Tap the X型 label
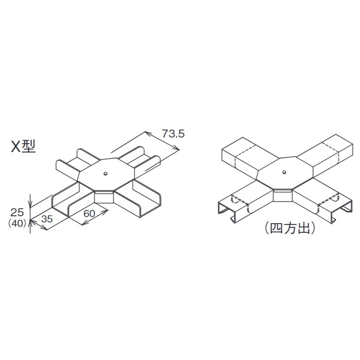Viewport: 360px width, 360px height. pyautogui.click(x=23, y=147)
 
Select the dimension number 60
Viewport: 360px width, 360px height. pyautogui.click(x=90, y=213)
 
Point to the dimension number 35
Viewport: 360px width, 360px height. pyautogui.click(x=48, y=220)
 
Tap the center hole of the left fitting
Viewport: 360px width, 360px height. pyautogui.click(x=104, y=173)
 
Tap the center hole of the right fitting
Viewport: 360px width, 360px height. pyautogui.click(x=283, y=171)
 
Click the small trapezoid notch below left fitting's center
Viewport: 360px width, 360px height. pyautogui.click(x=103, y=197)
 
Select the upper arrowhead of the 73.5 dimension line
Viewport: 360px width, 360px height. pyautogui.click(x=146, y=133)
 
